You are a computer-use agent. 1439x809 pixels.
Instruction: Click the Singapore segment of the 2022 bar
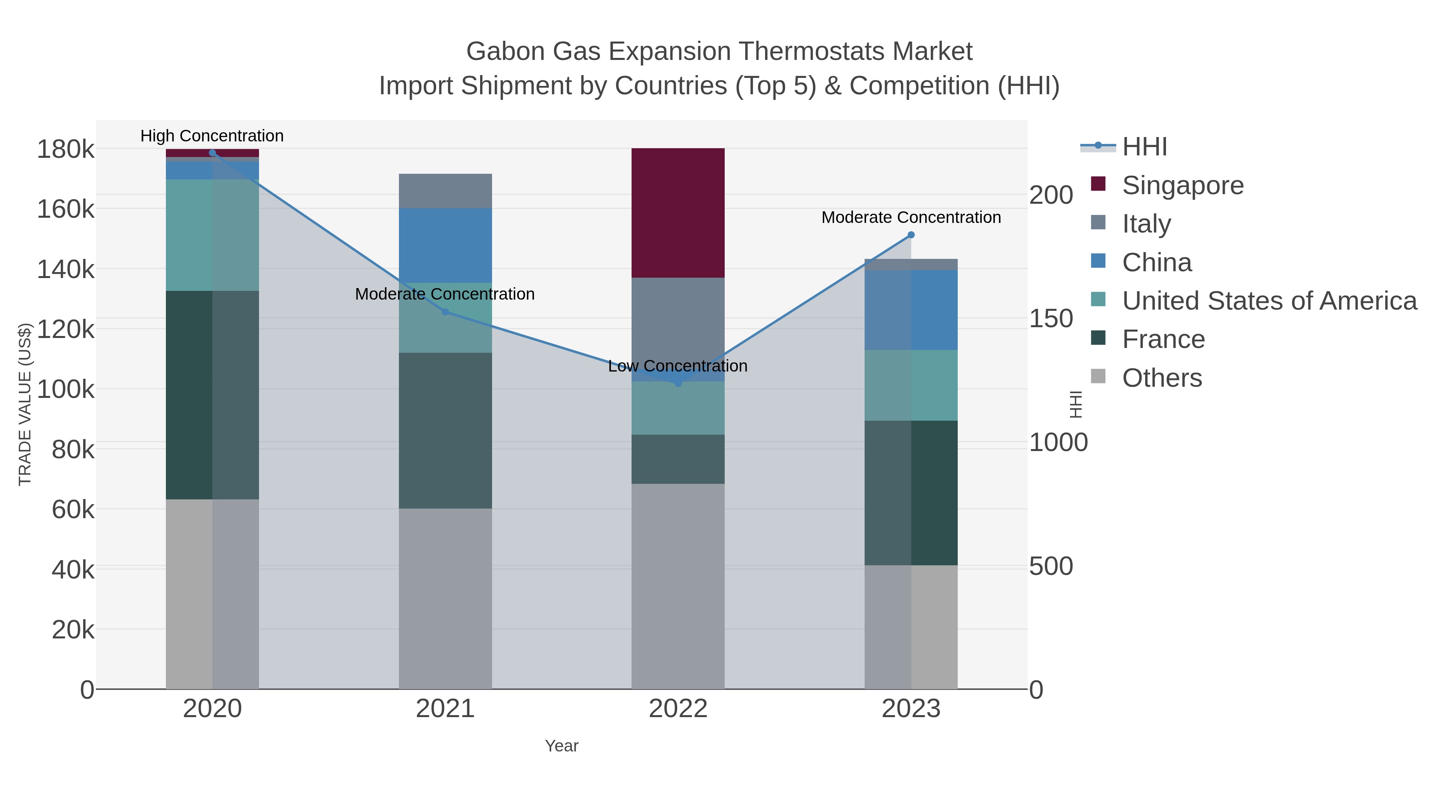click(x=678, y=213)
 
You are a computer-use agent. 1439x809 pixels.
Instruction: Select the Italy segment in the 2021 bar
click(x=445, y=191)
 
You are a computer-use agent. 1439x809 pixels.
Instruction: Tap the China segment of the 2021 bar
click(x=445, y=245)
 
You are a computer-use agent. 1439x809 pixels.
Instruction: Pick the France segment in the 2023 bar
click(x=911, y=493)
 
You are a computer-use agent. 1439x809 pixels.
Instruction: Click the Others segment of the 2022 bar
click(x=678, y=586)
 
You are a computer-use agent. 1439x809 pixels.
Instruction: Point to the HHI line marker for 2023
click(x=911, y=235)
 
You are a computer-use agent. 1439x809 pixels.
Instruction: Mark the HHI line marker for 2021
click(x=445, y=312)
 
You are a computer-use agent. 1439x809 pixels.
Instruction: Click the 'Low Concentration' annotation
click(x=678, y=366)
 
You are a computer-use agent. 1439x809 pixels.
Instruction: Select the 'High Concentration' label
click(x=212, y=136)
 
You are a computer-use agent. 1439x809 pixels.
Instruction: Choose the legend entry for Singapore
click(x=1183, y=185)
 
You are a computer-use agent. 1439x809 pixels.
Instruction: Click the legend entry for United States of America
click(x=1269, y=301)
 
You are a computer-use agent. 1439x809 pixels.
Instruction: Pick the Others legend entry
click(x=1162, y=378)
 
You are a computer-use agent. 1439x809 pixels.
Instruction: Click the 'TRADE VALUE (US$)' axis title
click(x=25, y=404)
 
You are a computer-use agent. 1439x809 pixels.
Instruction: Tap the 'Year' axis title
click(x=562, y=746)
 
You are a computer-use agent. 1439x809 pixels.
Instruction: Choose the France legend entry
click(x=1164, y=340)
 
